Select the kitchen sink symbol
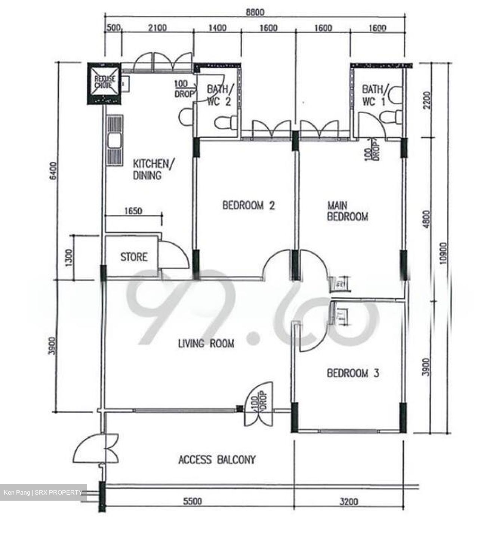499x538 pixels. click(x=114, y=142)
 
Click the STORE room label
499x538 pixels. click(x=133, y=257)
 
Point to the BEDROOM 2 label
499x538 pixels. click(x=249, y=205)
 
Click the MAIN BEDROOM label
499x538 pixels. click(x=347, y=211)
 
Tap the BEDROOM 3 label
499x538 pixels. click(x=353, y=373)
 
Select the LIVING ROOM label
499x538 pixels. click(x=206, y=343)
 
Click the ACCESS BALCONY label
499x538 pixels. click(x=217, y=460)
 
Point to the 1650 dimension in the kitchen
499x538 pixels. click(x=133, y=211)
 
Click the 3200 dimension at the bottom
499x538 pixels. click(x=348, y=501)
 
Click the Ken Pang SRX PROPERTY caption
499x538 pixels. click(x=43, y=492)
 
